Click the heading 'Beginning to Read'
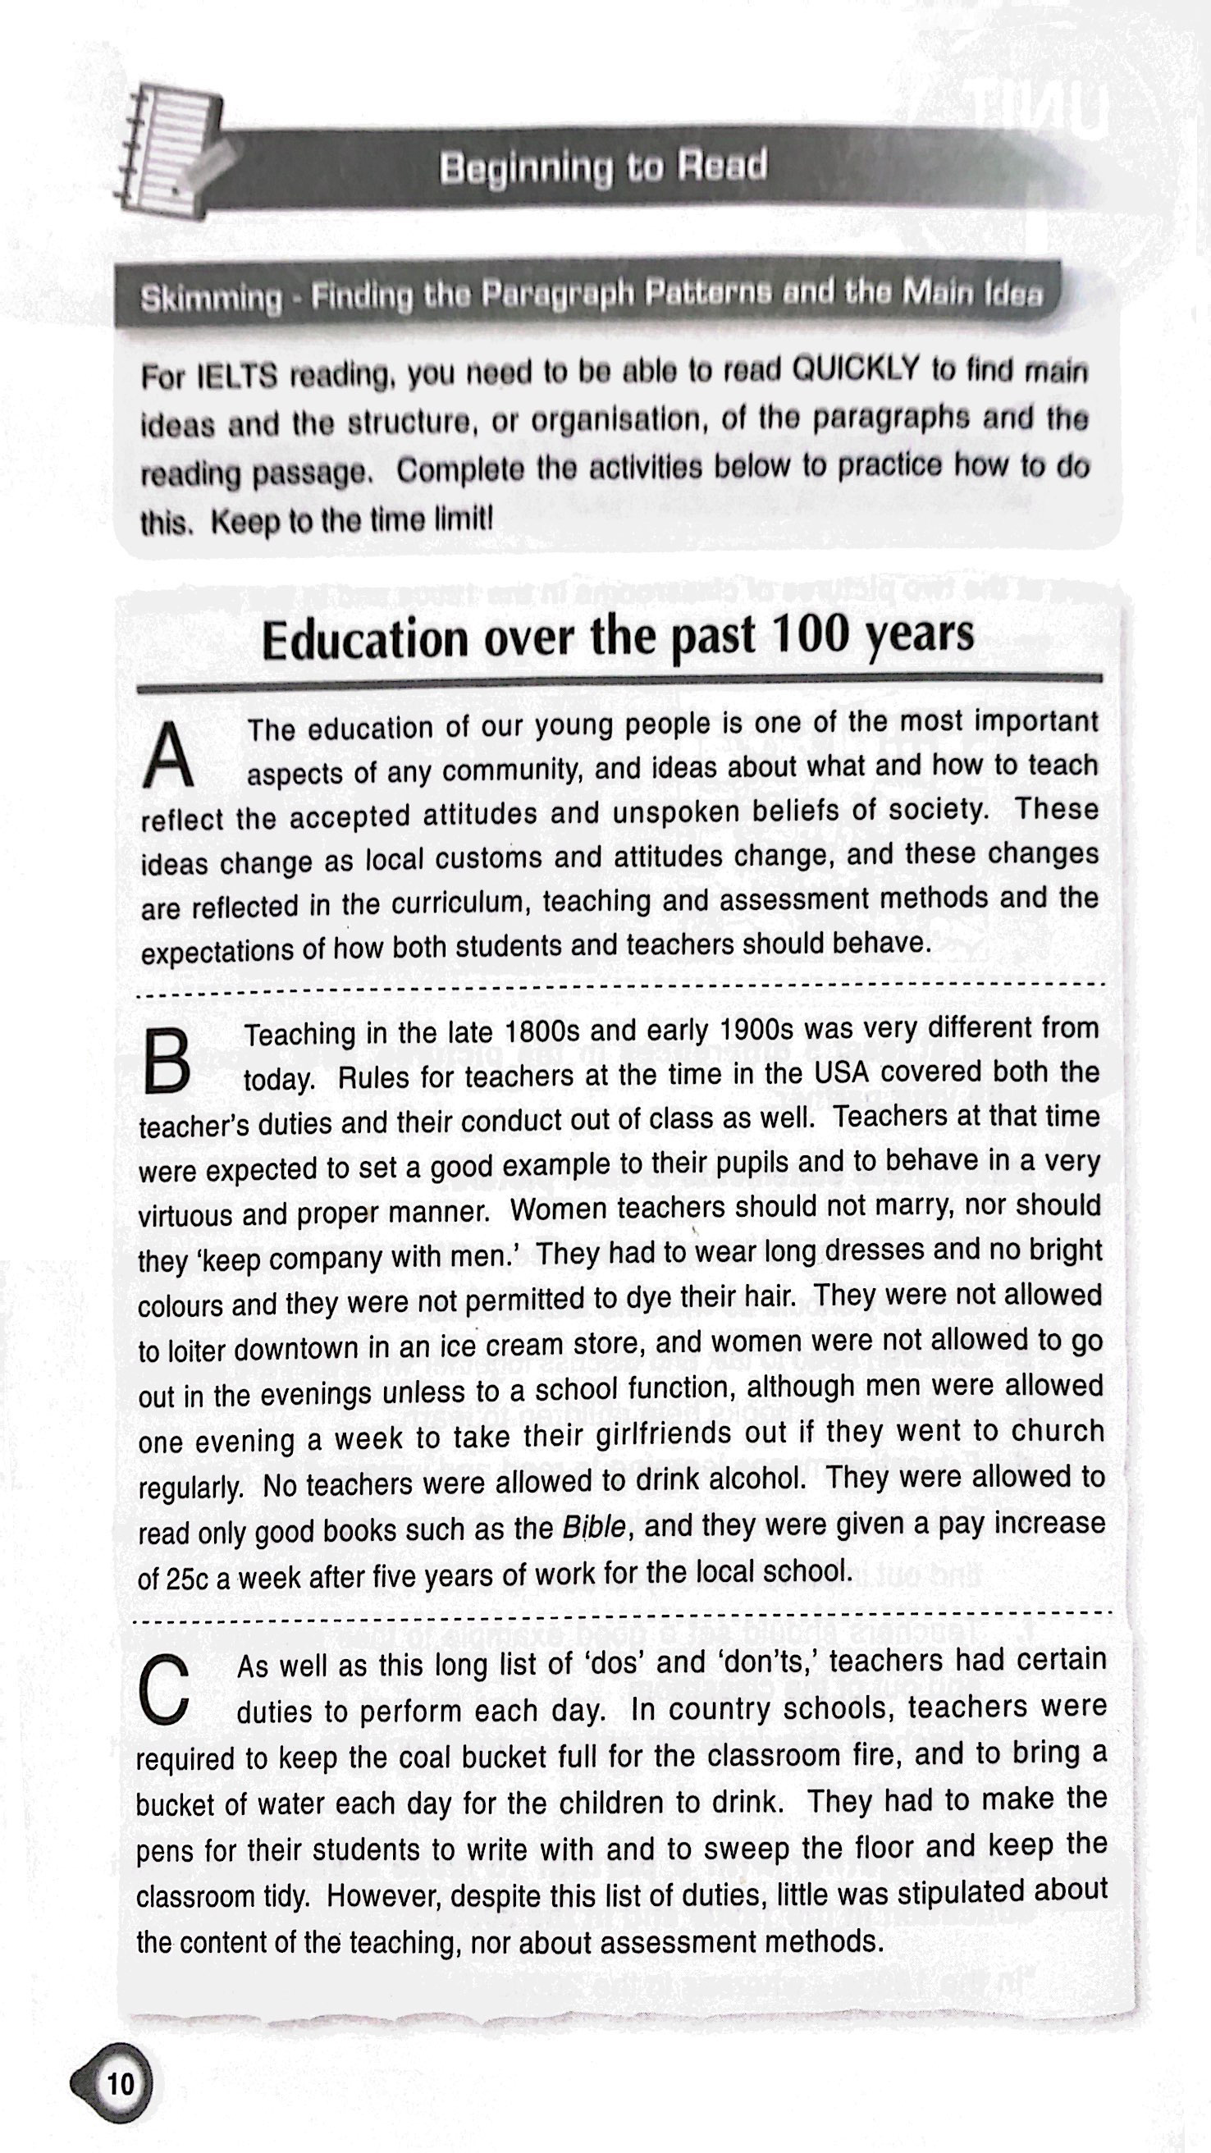[602, 167]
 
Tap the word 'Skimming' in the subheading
[212, 299]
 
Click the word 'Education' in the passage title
[364, 641]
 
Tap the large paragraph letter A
[168, 757]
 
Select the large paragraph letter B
[167, 1061]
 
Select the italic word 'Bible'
[592, 1528]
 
